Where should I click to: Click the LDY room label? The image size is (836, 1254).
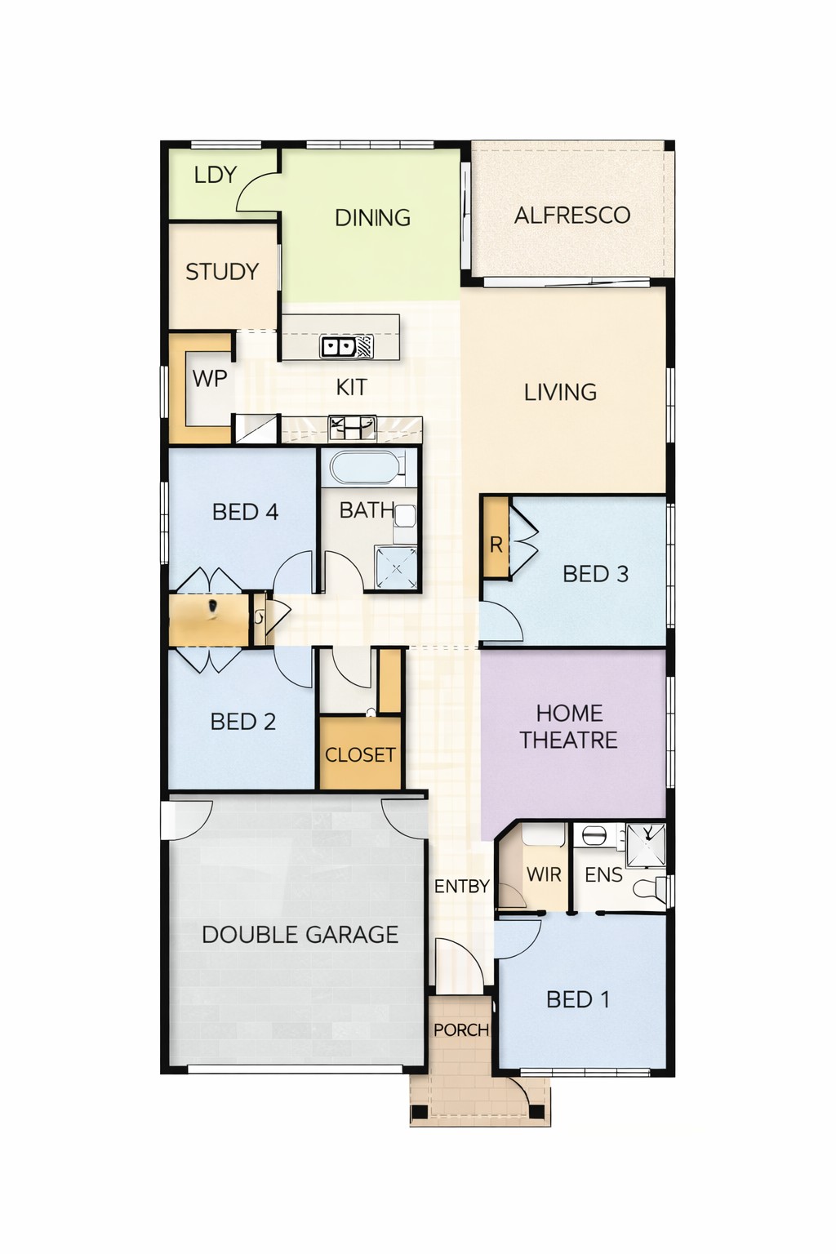(x=216, y=176)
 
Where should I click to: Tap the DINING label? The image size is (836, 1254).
(x=372, y=218)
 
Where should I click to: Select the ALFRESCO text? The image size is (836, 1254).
(x=572, y=216)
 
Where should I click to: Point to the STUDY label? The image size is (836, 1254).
(x=222, y=272)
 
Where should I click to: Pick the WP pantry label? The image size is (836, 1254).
(x=210, y=379)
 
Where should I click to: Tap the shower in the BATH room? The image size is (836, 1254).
(x=397, y=568)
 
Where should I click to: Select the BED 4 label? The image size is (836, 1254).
(x=245, y=512)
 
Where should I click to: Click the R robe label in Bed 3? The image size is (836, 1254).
(x=496, y=545)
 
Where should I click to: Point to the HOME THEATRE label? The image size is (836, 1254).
(x=569, y=727)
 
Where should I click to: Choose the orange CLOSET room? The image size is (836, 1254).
(x=361, y=753)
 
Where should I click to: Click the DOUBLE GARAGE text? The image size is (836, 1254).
(x=300, y=935)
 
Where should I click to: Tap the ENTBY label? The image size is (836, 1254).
(x=462, y=887)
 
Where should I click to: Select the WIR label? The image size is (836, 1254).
(x=544, y=875)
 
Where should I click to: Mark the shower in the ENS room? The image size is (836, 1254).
(x=646, y=844)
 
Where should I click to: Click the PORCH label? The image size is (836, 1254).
(x=461, y=1030)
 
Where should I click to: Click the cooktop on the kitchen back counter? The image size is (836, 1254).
(x=351, y=429)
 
